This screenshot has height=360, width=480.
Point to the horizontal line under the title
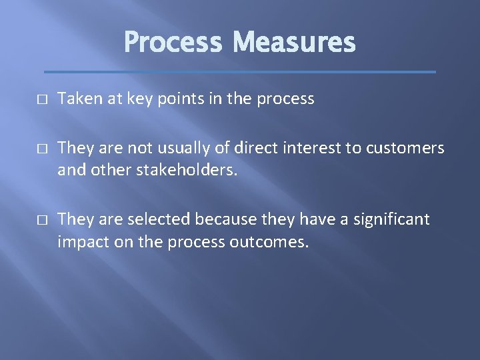(240, 71)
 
